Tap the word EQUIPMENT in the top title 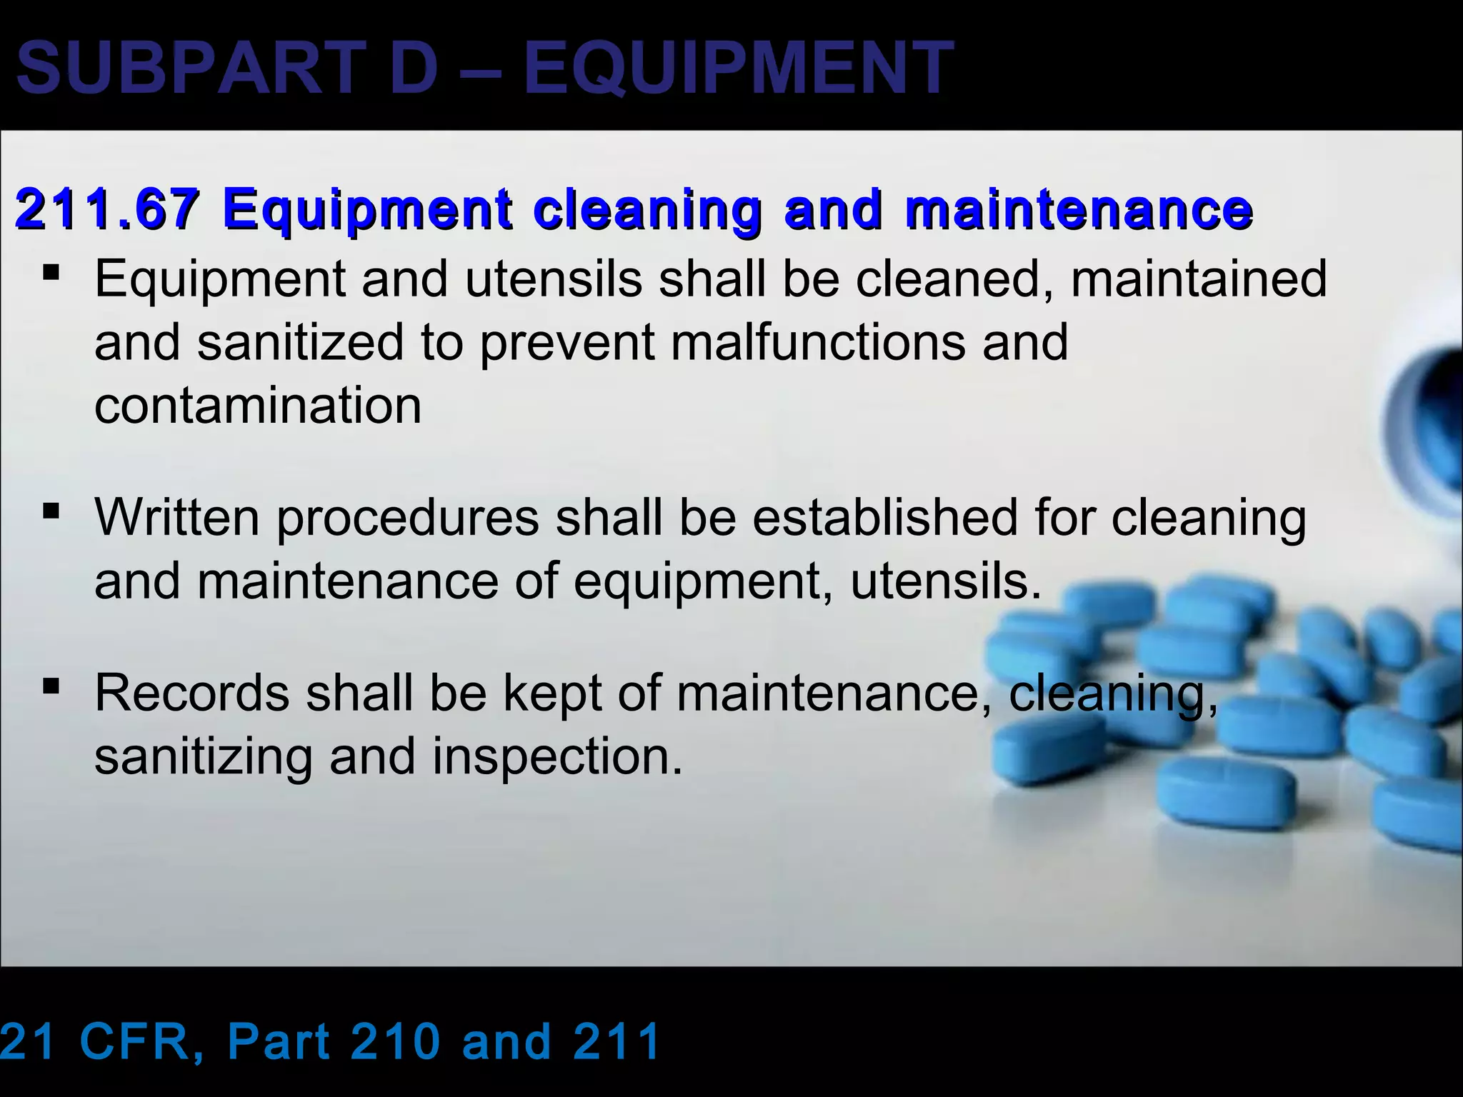(x=739, y=69)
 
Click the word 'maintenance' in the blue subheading (x=1079, y=209)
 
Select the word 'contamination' (x=258, y=405)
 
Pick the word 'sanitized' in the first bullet (x=301, y=341)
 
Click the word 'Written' (x=177, y=516)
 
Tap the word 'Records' (x=192, y=692)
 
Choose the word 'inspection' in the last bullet (x=557, y=756)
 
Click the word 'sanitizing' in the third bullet (x=204, y=756)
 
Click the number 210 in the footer (x=396, y=1041)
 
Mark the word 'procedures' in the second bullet (x=407, y=516)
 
